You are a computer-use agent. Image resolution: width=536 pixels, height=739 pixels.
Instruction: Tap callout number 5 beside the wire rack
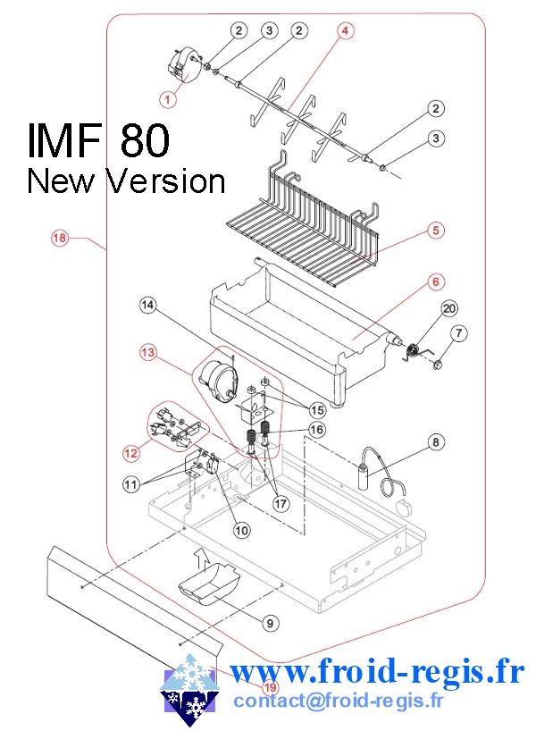pos(435,231)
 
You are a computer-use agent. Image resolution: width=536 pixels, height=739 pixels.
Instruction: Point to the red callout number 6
pos(435,282)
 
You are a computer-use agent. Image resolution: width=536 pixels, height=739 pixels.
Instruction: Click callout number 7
pos(459,334)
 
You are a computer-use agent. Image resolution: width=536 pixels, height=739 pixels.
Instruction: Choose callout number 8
pos(435,441)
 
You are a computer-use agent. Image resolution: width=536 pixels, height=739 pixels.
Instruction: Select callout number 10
pos(241,529)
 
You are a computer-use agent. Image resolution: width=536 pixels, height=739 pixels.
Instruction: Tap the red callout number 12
pos(131,453)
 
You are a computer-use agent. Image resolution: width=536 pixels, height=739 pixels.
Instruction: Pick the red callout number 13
pos(147,353)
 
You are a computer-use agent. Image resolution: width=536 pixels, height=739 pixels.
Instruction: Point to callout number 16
pos(317,429)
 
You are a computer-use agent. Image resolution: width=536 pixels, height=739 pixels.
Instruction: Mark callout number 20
pos(449,308)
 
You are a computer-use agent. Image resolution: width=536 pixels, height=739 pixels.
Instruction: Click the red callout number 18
pos(59,238)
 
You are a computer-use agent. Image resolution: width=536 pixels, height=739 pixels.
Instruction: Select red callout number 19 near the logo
pos(270,688)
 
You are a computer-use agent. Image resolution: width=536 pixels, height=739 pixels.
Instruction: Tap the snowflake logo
pos(188,689)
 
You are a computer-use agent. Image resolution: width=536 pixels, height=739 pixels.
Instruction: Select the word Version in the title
pos(165,181)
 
